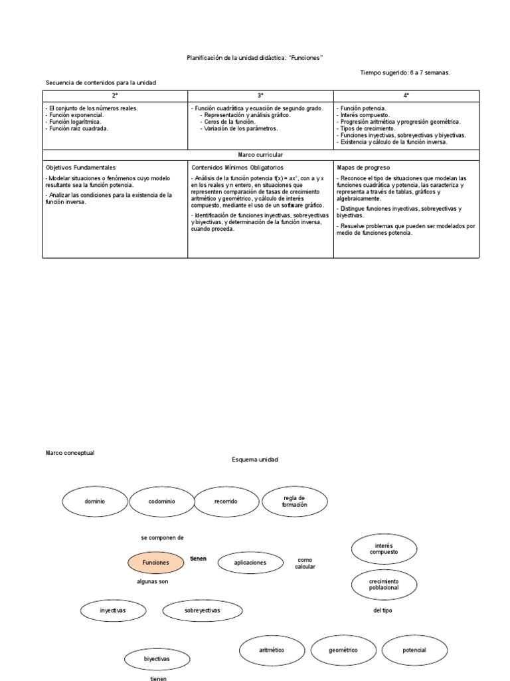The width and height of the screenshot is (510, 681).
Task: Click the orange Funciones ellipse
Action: pyautogui.click(x=156, y=563)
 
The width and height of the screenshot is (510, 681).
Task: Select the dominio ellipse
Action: pyautogui.click(x=95, y=501)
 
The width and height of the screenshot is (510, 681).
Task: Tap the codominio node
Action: pyautogui.click(x=161, y=501)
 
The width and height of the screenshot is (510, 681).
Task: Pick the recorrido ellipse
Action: pyautogui.click(x=225, y=501)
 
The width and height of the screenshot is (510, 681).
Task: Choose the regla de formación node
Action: pyautogui.click(x=295, y=501)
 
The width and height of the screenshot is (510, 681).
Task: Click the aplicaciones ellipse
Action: pyautogui.click(x=250, y=563)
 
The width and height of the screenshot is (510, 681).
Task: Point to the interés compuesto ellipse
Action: pyautogui.click(x=384, y=549)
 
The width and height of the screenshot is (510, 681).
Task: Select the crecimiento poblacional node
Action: pyautogui.click(x=384, y=585)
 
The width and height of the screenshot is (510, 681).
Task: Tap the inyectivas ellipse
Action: pyautogui.click(x=113, y=610)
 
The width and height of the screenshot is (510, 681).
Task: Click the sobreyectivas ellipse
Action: pyautogui.click(x=203, y=610)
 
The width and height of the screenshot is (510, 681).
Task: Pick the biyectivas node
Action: pyautogui.click(x=157, y=658)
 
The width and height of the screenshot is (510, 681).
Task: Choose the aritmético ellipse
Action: pyautogui.click(x=272, y=650)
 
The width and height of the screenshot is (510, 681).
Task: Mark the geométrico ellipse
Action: pyautogui.click(x=343, y=650)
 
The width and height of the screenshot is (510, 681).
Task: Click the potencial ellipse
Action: pyautogui.click(x=414, y=650)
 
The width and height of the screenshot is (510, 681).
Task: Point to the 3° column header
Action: pyautogui.click(x=260, y=96)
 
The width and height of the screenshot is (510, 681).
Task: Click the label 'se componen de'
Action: pyautogui.click(x=162, y=537)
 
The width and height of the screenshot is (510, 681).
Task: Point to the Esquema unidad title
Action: pyautogui.click(x=255, y=460)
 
